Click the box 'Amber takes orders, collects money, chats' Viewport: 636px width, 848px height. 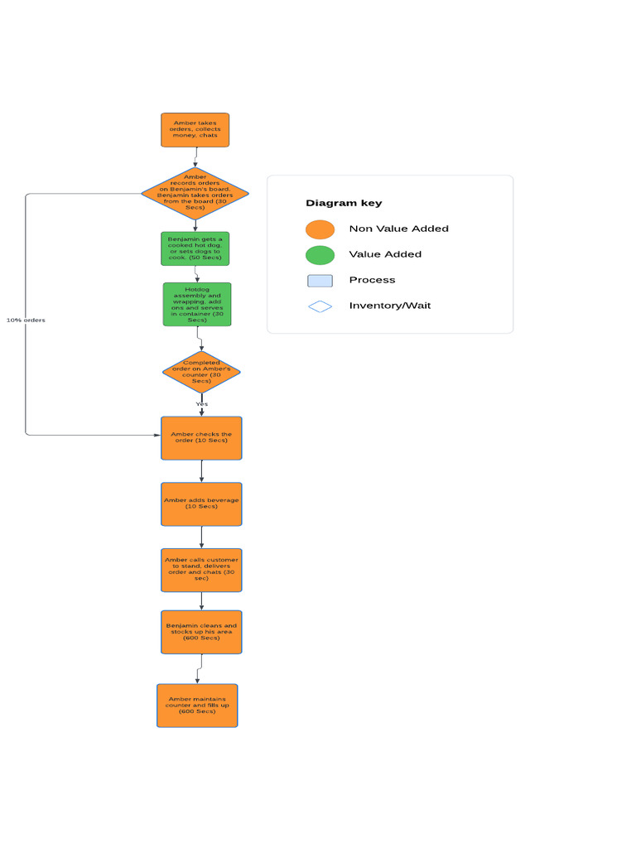coord(195,130)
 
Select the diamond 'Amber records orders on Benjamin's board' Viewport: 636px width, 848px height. coord(195,194)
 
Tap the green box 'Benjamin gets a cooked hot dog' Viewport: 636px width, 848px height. coord(195,248)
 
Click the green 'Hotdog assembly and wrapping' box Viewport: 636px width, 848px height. coord(197,305)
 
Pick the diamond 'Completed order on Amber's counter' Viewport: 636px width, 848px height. coord(201,372)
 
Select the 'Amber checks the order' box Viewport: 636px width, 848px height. coord(201,438)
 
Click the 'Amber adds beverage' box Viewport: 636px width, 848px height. coord(201,504)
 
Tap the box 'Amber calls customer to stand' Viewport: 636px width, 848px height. coord(201,570)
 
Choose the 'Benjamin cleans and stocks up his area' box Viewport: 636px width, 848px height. coord(201,632)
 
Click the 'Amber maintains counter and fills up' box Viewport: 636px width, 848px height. coord(197,706)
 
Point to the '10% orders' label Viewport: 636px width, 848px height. coord(26,320)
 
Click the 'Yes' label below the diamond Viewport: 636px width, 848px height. coord(201,404)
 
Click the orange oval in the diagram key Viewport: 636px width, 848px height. coord(320,229)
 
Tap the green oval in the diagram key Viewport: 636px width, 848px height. coord(320,255)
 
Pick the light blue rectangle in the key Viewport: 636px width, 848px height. coord(320,281)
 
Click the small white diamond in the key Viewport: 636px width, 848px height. coord(320,306)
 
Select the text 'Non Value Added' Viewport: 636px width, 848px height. coord(398,229)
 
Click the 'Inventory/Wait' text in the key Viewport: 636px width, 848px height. coord(389,306)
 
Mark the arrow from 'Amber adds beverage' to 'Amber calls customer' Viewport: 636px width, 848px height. coord(201,537)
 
